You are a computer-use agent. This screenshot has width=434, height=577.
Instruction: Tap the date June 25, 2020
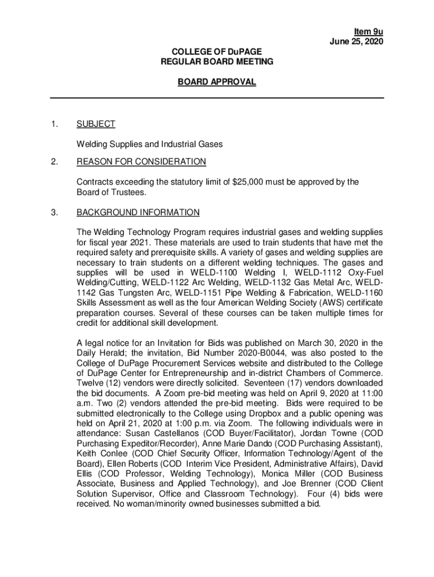click(x=357, y=41)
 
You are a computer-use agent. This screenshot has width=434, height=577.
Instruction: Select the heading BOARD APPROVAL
click(x=217, y=82)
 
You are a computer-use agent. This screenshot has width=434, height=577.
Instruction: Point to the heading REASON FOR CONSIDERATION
click(x=141, y=162)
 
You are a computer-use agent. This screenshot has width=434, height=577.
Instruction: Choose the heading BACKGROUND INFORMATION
click(x=138, y=212)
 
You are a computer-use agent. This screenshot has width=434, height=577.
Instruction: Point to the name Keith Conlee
click(x=102, y=454)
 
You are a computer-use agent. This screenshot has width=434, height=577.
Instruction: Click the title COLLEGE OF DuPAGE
click(x=217, y=52)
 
